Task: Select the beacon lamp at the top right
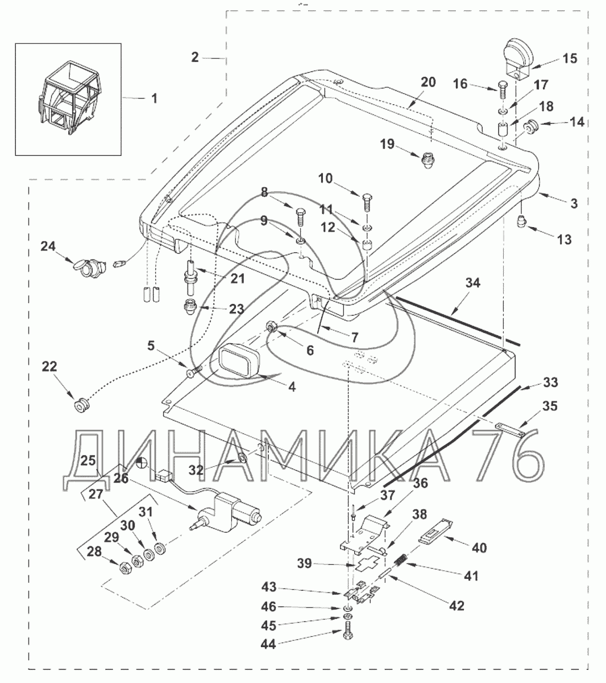517,60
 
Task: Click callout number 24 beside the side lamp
48,246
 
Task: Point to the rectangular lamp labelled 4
238,360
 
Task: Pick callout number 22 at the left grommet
50,367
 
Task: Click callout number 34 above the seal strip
472,283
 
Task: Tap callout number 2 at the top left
194,57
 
